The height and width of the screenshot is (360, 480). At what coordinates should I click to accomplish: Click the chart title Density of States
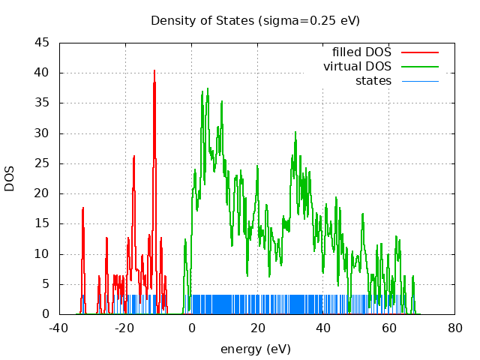coord(255,20)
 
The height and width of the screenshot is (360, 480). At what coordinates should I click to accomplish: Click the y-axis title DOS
coord(10,178)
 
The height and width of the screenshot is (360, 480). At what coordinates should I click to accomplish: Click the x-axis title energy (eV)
coord(255,349)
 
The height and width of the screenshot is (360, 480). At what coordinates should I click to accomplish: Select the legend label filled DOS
coord(361,52)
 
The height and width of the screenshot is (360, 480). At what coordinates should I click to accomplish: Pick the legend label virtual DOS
coord(357,66)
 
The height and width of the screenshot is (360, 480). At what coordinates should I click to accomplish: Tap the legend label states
coord(373,80)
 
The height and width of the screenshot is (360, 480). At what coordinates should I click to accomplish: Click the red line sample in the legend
coord(419,52)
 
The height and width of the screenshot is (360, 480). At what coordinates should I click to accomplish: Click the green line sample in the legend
coord(419,66)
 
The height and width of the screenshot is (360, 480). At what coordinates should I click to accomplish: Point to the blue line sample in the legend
coord(419,80)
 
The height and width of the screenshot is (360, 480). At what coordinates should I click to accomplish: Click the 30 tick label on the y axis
coord(43,133)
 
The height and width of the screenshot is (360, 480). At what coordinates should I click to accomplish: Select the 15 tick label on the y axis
coord(43,223)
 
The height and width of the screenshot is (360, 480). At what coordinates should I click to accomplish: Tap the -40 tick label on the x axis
coord(59,328)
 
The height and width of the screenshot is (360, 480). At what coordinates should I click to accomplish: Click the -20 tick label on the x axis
coord(125,328)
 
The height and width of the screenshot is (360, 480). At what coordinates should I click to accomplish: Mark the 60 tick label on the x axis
coord(389,328)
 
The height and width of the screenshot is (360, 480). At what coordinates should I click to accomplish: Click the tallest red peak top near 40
coord(154,70)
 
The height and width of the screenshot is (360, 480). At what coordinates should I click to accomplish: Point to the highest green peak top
coord(207,88)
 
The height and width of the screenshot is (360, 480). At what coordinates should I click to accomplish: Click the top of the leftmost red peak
coord(83,208)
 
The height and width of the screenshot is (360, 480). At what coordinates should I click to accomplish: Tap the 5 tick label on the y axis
coord(46,283)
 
